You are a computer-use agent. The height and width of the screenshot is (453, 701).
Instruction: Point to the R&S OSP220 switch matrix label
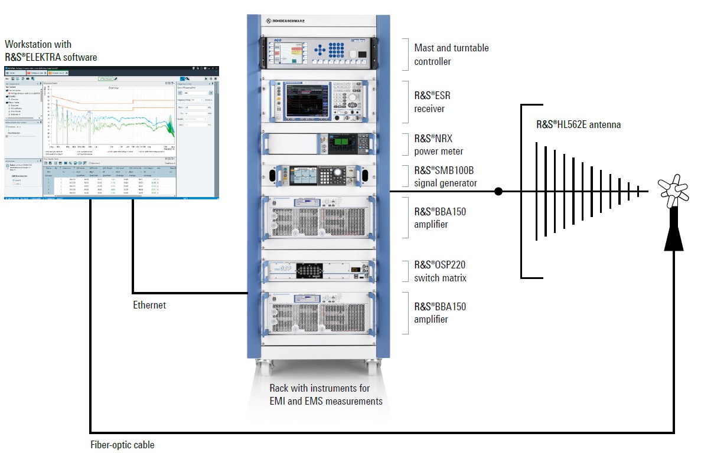pyautogui.click(x=440, y=271)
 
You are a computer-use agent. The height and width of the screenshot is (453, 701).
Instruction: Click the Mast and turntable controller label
pyautogui.click(x=451, y=54)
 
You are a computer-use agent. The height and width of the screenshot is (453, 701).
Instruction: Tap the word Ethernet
pyautogui.click(x=149, y=305)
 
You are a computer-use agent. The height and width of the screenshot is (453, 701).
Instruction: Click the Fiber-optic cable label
pyautogui.click(x=122, y=445)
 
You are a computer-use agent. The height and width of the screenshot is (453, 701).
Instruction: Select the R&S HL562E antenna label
pyautogui.click(x=578, y=125)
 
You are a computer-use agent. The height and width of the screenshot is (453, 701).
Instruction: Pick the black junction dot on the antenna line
pyautogui.click(x=498, y=191)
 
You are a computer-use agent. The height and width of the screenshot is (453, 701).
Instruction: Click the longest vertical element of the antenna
pyautogui.click(x=536, y=191)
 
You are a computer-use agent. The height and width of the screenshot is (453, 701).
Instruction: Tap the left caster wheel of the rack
pyautogui.click(x=260, y=364)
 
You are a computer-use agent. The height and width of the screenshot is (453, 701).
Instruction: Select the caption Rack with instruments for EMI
pyautogui.click(x=319, y=388)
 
